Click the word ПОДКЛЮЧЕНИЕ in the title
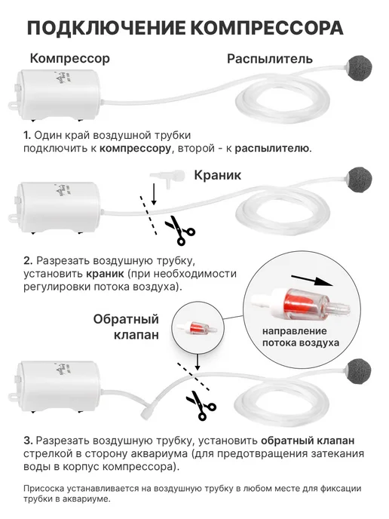tap(106, 28)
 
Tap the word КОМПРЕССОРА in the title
tap(267, 28)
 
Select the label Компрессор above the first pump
tap(69, 59)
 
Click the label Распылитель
tap(270, 59)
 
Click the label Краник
tap(217, 175)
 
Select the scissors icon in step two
tap(180, 230)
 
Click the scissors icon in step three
tap(201, 405)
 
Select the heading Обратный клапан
tap(126, 327)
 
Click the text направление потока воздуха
tap(301, 336)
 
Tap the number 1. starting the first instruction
tap(27, 135)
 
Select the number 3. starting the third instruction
tap(28, 441)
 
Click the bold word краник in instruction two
tap(106, 274)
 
